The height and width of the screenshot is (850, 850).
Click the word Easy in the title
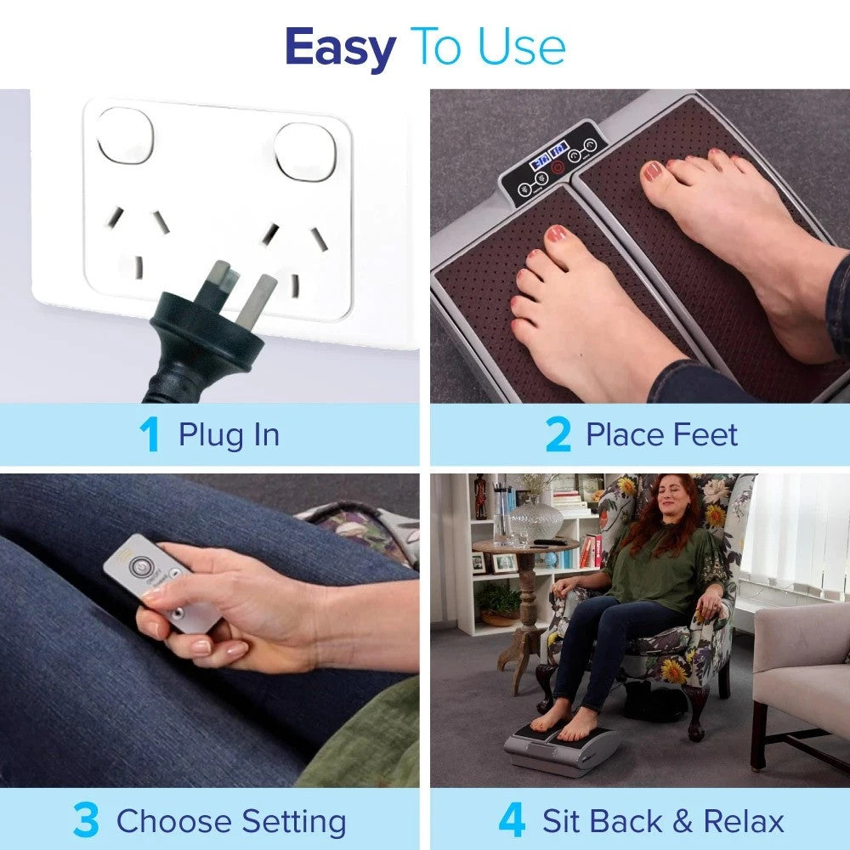(x=341, y=48)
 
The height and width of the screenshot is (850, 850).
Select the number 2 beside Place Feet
(x=558, y=434)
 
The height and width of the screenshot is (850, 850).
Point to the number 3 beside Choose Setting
(x=86, y=821)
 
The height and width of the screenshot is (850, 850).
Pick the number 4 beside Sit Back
(x=511, y=821)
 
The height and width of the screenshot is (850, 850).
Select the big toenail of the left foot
(x=558, y=235)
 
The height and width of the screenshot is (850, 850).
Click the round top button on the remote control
(x=139, y=566)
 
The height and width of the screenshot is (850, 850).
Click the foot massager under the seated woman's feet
(x=559, y=751)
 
